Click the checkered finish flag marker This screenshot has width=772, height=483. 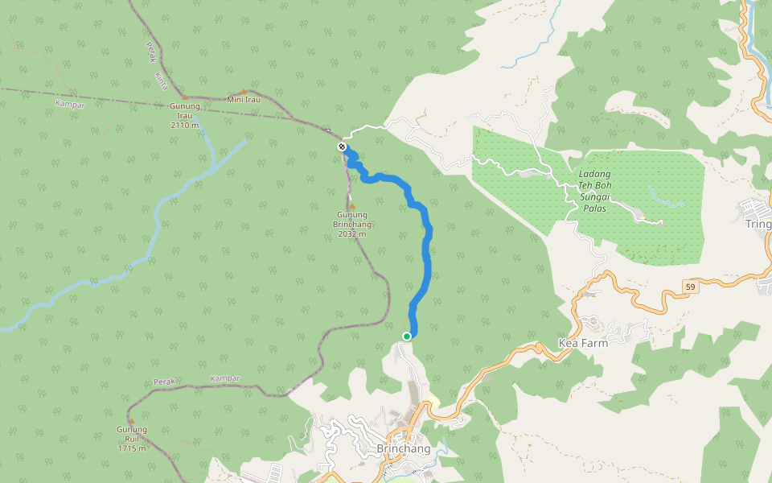pos(343,147)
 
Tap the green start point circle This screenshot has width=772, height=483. pos(407,336)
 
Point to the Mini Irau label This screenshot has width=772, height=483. pos(244,100)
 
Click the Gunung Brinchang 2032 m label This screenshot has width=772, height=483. pos(351,224)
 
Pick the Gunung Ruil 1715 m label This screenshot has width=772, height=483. pos(131,439)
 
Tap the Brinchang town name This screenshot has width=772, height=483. pos(403,448)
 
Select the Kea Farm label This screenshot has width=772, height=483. pos(583,343)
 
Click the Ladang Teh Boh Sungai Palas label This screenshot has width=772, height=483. pos(594,191)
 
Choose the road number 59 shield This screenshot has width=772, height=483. pos(690,287)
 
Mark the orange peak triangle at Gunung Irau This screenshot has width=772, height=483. pos(183,97)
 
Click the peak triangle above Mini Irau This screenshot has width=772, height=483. pos(244,92)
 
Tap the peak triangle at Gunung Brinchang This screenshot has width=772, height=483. pos(351,207)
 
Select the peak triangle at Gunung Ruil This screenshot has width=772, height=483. pos(131,422)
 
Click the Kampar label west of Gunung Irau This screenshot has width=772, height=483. pos(70,104)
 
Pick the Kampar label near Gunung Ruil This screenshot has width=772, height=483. pos(224,378)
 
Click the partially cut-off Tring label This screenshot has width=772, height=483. pos(758,224)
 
